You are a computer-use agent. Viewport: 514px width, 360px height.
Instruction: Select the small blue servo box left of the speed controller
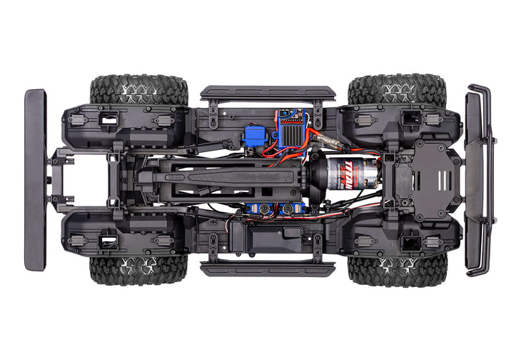point(254,136)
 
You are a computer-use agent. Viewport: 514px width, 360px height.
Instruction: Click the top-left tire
point(139,90)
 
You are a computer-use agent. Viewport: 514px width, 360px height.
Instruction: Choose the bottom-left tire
point(138,269)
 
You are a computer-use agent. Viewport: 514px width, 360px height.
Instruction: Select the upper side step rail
point(268,93)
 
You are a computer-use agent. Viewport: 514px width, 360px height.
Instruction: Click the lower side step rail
point(268,268)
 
